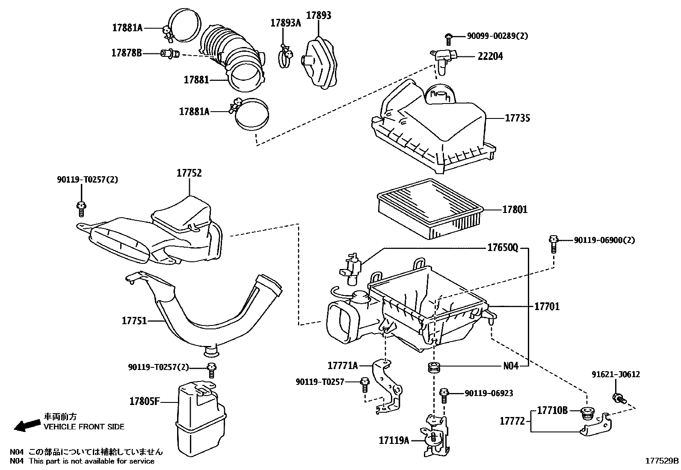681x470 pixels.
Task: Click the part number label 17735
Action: [x=518, y=118]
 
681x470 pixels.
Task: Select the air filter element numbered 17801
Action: [x=430, y=209]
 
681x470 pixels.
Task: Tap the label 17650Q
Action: [x=503, y=248]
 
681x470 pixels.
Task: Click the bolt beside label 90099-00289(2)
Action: [x=448, y=39]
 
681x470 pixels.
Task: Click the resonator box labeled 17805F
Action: [x=201, y=419]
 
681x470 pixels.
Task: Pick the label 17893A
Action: [x=285, y=23]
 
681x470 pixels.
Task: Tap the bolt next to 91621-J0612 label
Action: [x=618, y=398]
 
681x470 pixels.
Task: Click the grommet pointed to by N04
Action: [x=434, y=367]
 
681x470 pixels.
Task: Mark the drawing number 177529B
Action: [x=662, y=461]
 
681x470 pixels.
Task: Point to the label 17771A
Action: [x=343, y=365]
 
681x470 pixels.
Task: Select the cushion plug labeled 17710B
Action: [x=587, y=413]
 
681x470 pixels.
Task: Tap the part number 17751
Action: [x=134, y=321]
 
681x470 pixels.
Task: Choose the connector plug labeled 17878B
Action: [x=170, y=54]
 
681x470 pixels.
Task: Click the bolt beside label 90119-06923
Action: [x=444, y=396]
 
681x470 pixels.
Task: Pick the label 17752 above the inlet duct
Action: [x=189, y=173]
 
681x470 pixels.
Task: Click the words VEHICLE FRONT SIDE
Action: [x=84, y=427]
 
